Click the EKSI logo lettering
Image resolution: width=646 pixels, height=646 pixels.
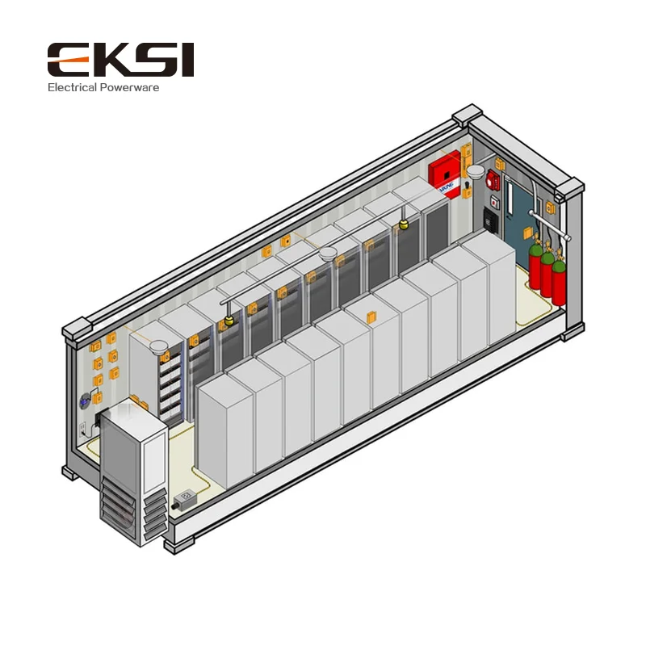pyautogui.click(x=120, y=61)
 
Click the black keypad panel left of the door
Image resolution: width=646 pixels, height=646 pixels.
pyautogui.click(x=491, y=219)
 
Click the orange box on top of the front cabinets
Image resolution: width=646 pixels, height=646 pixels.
pyautogui.click(x=371, y=316)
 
